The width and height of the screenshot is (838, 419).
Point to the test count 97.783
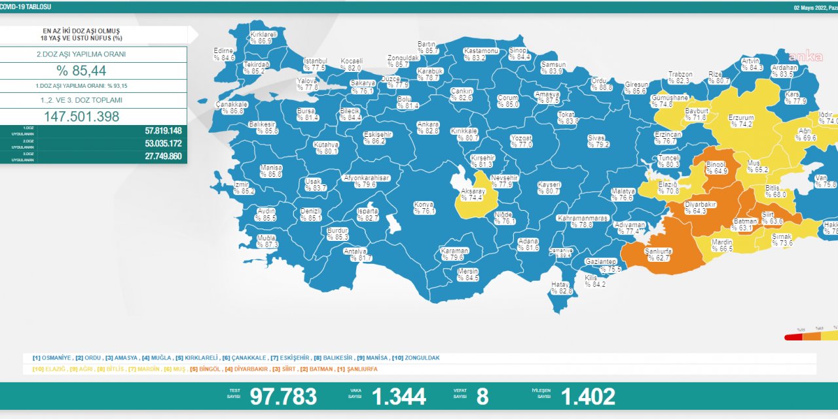tap(283, 396)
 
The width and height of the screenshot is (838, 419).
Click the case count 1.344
tap(399, 396)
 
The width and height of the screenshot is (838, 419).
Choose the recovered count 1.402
tap(588, 396)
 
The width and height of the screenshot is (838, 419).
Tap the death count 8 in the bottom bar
tap(483, 396)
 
